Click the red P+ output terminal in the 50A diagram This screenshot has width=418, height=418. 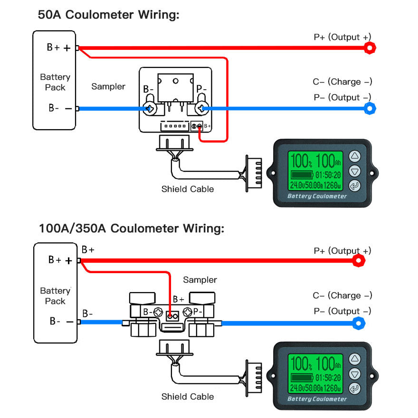click(x=370, y=47)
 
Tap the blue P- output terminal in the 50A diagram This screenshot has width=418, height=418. click(x=370, y=108)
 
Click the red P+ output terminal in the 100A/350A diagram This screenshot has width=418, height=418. click(x=360, y=260)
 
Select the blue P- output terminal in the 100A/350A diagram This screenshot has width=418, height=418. click(x=360, y=323)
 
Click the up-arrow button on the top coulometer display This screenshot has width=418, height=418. click(x=354, y=156)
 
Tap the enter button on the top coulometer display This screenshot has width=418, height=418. click(x=354, y=186)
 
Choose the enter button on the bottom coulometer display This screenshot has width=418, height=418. click(x=354, y=389)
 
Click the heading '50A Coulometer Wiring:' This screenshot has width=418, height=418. click(x=108, y=14)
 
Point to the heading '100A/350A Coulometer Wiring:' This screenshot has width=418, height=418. click(x=131, y=228)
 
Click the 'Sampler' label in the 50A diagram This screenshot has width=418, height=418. click(x=108, y=86)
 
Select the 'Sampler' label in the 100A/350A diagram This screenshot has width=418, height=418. click(x=200, y=280)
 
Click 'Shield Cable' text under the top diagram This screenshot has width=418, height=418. click(x=188, y=189)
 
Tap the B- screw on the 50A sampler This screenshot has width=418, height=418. click(x=151, y=109)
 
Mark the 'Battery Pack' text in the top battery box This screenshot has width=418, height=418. click(x=55, y=82)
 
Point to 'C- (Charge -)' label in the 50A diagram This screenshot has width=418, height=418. click(x=342, y=82)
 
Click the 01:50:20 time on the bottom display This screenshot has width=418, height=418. click(x=328, y=378)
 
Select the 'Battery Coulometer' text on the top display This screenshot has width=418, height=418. click(x=317, y=196)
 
